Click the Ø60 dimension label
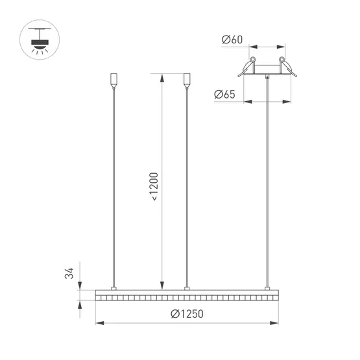(x=232, y=40)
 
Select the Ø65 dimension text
(x=224, y=95)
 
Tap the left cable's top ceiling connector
(x=114, y=81)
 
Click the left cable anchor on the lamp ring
(x=114, y=287)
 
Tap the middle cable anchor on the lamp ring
(x=187, y=287)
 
